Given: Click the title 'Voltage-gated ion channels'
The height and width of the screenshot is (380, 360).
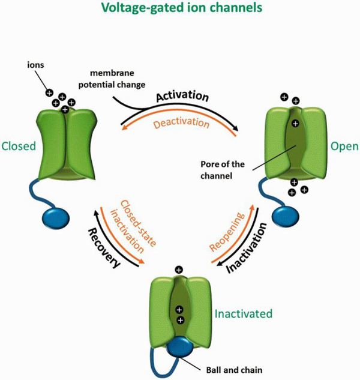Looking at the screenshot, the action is click(x=181, y=7).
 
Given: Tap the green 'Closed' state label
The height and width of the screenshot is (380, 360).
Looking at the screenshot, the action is click(x=19, y=146).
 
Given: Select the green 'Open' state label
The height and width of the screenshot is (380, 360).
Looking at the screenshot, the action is click(x=344, y=146).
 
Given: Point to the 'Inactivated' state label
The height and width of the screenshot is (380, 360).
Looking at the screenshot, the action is click(x=244, y=313).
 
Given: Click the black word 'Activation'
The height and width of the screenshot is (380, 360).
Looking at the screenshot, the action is click(x=182, y=96).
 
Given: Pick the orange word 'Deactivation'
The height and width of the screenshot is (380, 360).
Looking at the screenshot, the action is click(x=181, y=123).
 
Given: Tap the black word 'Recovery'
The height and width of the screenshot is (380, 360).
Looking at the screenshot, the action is click(x=104, y=248).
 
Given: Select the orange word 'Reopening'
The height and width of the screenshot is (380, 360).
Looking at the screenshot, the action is click(x=227, y=232).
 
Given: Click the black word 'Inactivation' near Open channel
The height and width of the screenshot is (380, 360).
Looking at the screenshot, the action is click(x=247, y=248).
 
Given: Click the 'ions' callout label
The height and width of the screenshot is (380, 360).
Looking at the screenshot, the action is click(x=35, y=65).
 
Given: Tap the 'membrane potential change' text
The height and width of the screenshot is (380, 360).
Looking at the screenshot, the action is click(x=112, y=79).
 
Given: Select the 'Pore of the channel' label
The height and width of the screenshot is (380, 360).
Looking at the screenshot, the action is click(x=223, y=170).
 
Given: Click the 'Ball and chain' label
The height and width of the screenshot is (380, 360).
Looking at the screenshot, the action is click(x=234, y=370).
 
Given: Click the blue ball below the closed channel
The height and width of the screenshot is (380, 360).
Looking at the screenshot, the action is click(x=56, y=218).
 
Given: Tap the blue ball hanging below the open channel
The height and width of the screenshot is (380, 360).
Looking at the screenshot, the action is click(x=286, y=216).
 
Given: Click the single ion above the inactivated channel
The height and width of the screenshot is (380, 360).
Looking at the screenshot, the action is click(x=179, y=270).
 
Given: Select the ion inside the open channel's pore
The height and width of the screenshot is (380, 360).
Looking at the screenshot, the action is click(x=295, y=124).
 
